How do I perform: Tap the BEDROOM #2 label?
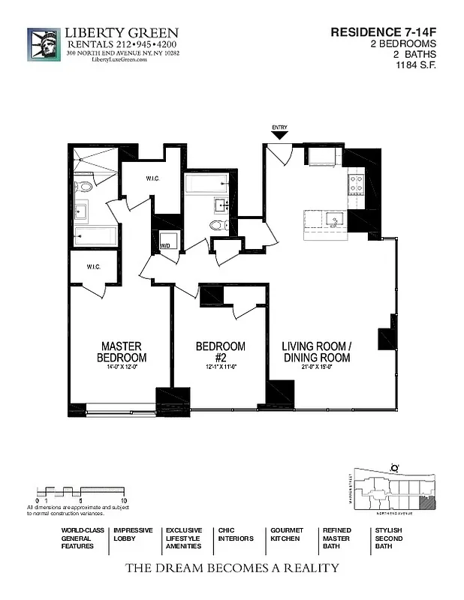220,352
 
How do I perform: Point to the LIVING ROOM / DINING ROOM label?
316,352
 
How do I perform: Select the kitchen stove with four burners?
355,184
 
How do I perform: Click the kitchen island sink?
334,219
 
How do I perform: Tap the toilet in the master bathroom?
83,187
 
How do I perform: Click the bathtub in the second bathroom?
206,183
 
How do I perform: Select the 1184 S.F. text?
417,65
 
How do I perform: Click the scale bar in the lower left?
80,493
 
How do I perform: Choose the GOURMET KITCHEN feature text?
287,534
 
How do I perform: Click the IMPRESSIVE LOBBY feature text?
133,534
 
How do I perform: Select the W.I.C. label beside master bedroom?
94,267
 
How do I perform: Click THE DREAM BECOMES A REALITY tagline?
231,568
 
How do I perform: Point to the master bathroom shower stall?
96,160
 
